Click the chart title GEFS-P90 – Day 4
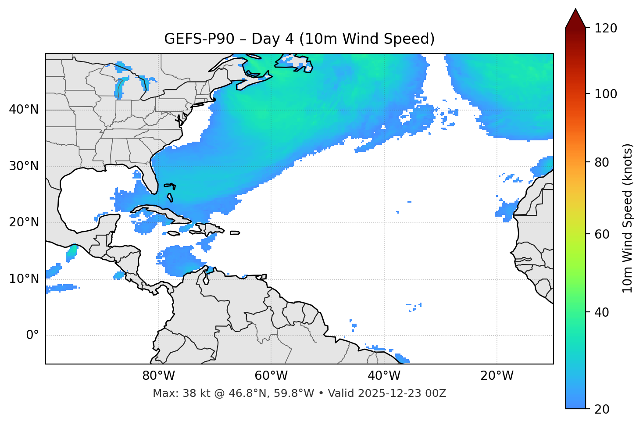pyautogui.click(x=299, y=39)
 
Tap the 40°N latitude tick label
pyautogui.click(x=24, y=110)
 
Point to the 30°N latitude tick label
pyautogui.click(x=24, y=166)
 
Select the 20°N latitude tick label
pyautogui.click(x=24, y=222)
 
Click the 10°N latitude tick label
pyautogui.click(x=24, y=279)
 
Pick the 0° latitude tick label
pyautogui.click(x=32, y=336)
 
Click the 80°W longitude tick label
pyautogui.click(x=158, y=376)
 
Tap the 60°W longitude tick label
pyautogui.click(x=271, y=376)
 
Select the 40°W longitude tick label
pyautogui.click(x=384, y=376)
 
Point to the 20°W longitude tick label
pyautogui.click(x=497, y=376)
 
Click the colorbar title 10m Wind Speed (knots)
pyautogui.click(x=628, y=218)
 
